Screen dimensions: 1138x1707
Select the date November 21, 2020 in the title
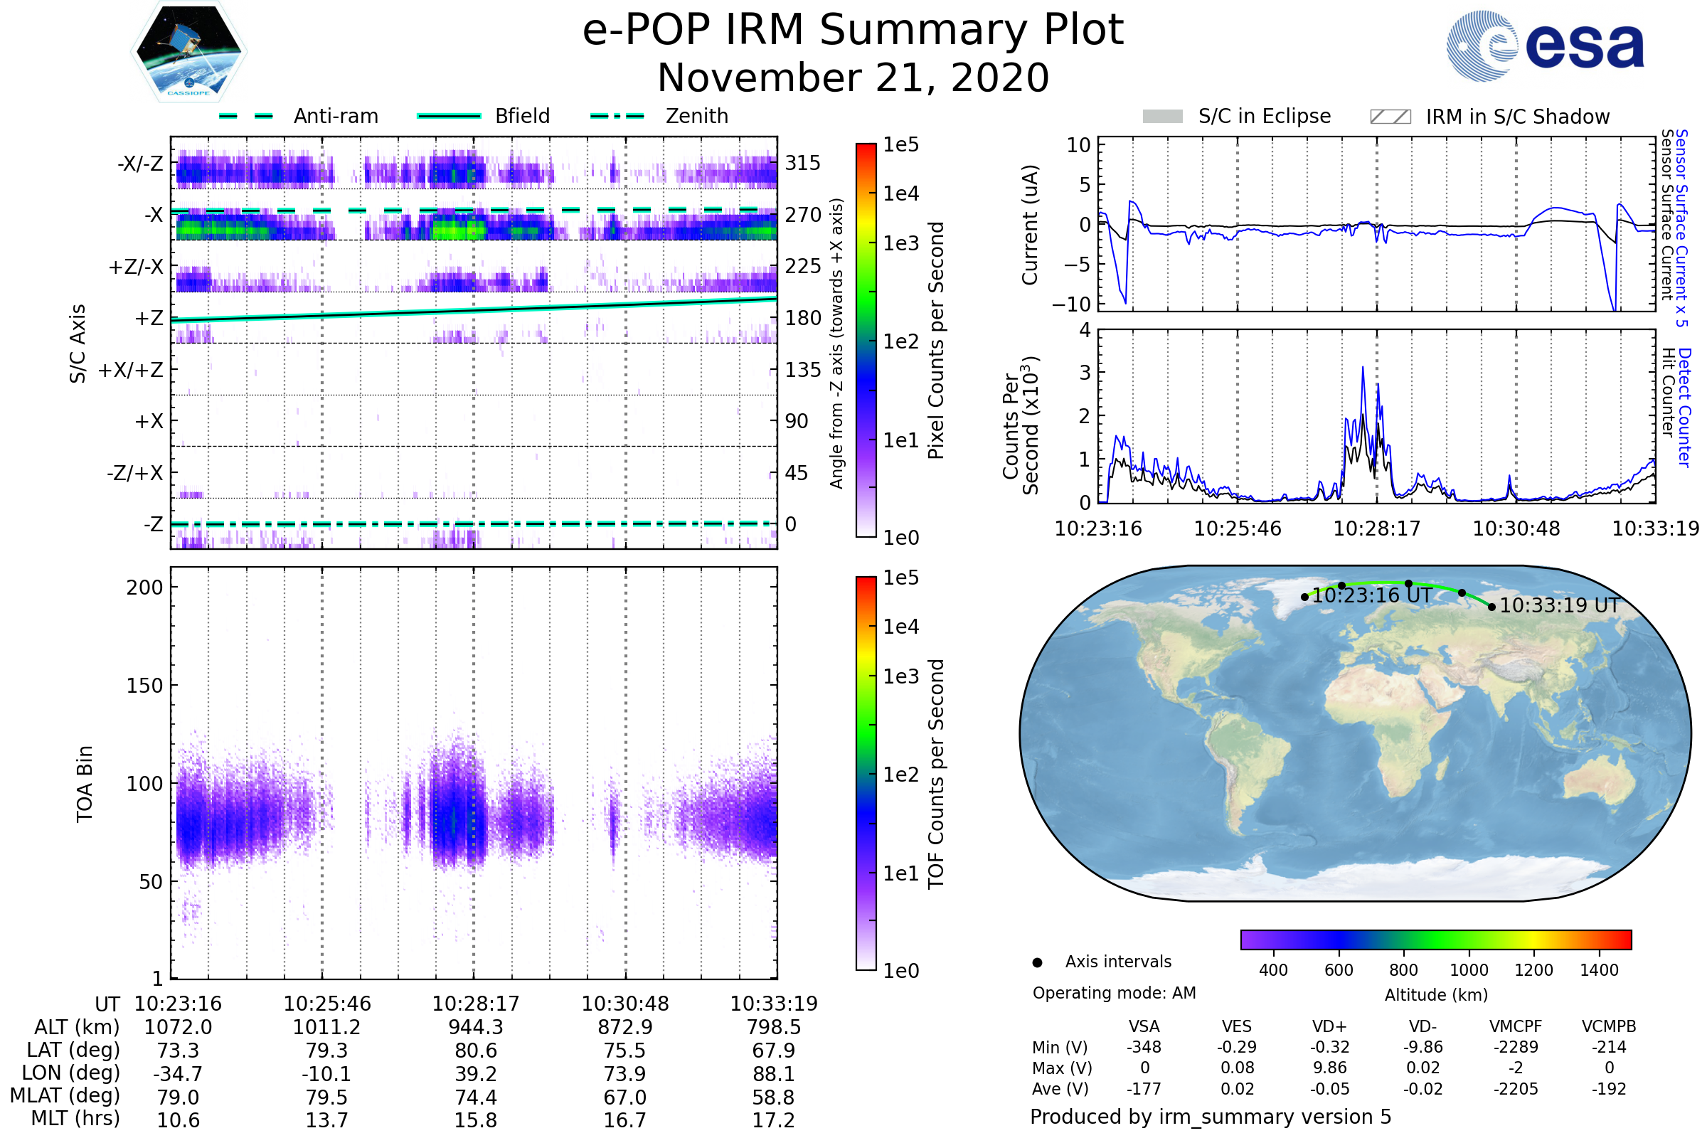[x=853, y=78]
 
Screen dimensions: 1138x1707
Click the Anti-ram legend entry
[x=335, y=116]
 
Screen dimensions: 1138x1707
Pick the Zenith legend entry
[x=696, y=116]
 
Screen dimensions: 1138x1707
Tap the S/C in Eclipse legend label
[x=1264, y=116]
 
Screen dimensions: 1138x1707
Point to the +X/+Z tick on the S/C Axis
[x=131, y=370]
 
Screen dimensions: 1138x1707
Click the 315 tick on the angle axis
[x=802, y=163]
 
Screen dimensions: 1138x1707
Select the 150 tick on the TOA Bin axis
[x=144, y=686]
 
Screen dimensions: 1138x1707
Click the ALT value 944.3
[x=475, y=1027]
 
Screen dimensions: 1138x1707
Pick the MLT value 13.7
[x=326, y=1120]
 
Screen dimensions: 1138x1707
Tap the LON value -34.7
[x=178, y=1073]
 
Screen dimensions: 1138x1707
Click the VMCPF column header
[x=1516, y=1026]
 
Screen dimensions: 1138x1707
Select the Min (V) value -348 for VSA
[x=1144, y=1047]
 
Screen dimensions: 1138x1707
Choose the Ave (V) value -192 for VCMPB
[x=1608, y=1089]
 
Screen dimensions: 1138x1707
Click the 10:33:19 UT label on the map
[x=1559, y=605]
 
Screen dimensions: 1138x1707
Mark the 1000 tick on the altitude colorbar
[x=1468, y=970]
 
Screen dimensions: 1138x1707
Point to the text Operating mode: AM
[x=1114, y=993]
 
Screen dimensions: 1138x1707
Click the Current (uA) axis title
[x=1030, y=225]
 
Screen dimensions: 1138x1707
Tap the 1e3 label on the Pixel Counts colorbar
[x=900, y=243]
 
